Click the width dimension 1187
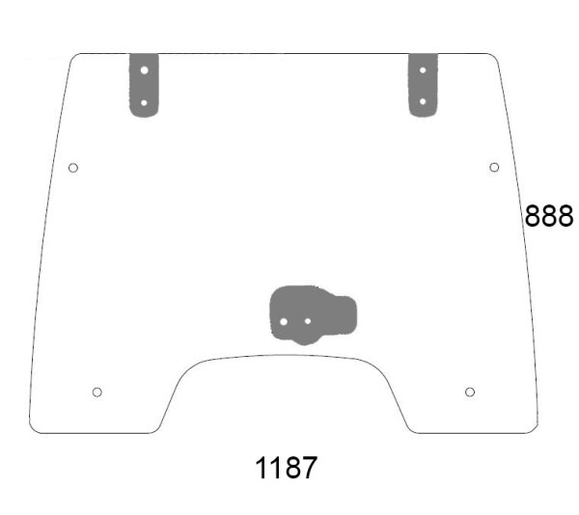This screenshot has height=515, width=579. click(287, 468)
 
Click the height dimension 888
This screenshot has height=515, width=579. click(549, 215)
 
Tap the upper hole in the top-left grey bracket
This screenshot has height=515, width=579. click(145, 70)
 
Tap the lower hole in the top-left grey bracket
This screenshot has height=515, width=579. click(144, 103)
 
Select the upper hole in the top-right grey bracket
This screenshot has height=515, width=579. click(423, 70)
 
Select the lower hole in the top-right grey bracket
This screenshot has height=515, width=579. click(423, 101)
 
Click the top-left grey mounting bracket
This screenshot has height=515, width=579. click(144, 85)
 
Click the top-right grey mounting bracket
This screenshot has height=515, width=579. click(424, 85)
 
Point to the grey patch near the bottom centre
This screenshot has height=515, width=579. click(313, 314)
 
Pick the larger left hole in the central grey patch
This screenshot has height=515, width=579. click(284, 322)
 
